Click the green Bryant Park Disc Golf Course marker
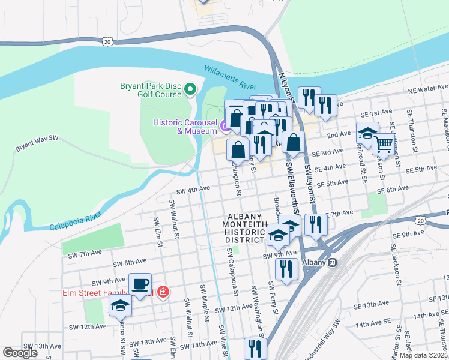point(191,90)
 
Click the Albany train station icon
point(331,263)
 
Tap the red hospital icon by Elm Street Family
point(163,293)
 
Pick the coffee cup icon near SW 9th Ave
point(140,284)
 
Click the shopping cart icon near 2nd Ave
point(384,144)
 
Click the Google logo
point(20,353)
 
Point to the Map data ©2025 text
point(423,355)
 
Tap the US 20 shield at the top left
point(107,41)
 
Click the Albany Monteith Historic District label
point(244,228)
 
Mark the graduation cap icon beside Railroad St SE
point(367,133)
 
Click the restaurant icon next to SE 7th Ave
point(315,224)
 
